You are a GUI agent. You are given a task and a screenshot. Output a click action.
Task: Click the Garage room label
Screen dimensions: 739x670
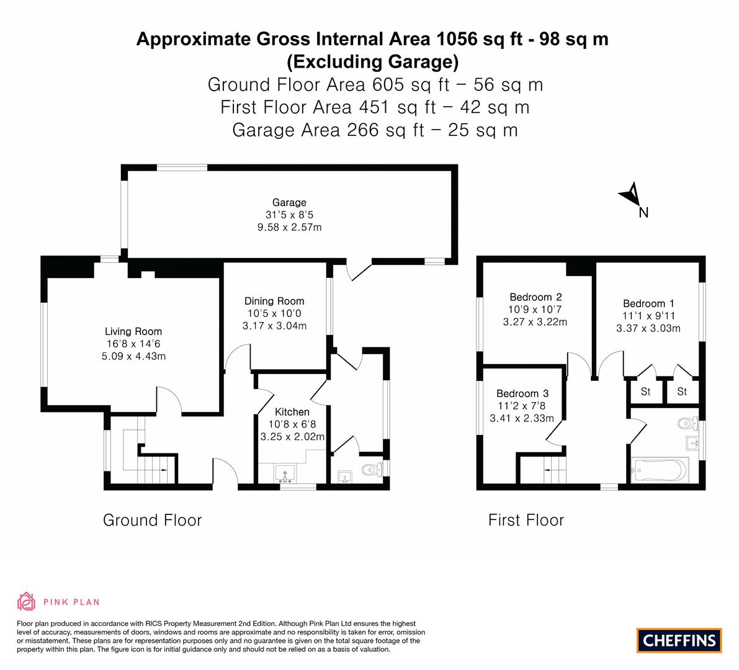pyautogui.click(x=289, y=203)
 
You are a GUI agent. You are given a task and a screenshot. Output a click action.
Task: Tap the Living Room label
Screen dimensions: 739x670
pyautogui.click(x=133, y=331)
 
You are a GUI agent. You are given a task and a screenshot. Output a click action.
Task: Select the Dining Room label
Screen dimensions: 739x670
pyautogui.click(x=274, y=301)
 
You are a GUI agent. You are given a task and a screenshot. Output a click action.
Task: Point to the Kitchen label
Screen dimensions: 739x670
pyautogui.click(x=292, y=412)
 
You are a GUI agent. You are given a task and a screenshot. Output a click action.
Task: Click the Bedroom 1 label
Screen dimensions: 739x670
pyautogui.click(x=648, y=303)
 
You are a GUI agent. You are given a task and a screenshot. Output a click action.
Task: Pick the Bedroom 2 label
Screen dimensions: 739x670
pyautogui.click(x=535, y=297)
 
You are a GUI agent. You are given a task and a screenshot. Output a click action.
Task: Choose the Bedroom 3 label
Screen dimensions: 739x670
pyautogui.click(x=522, y=393)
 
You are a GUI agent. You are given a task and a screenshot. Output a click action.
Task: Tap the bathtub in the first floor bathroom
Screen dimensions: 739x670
pyautogui.click(x=660, y=470)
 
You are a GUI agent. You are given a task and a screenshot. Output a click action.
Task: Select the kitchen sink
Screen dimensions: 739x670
pyautogui.click(x=285, y=473)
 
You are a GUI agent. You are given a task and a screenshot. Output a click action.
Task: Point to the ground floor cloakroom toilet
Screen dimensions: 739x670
pyautogui.click(x=373, y=469)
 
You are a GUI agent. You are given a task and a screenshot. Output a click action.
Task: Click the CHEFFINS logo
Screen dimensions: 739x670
pyautogui.click(x=679, y=640)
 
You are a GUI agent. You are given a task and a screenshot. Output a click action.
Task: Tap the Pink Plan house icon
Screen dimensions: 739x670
pyautogui.click(x=27, y=601)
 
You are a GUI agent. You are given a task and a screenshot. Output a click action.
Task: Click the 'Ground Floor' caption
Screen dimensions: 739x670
pyautogui.click(x=152, y=520)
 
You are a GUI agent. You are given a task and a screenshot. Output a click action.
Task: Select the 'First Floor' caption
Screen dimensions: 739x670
pyautogui.click(x=526, y=520)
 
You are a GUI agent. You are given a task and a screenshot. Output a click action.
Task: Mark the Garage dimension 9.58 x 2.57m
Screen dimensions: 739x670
pyautogui.click(x=289, y=227)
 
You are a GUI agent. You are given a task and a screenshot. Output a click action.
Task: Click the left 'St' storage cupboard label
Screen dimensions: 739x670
pyautogui.click(x=646, y=391)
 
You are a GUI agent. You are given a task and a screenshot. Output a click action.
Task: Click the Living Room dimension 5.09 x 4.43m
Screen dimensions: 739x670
pyautogui.click(x=134, y=356)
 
